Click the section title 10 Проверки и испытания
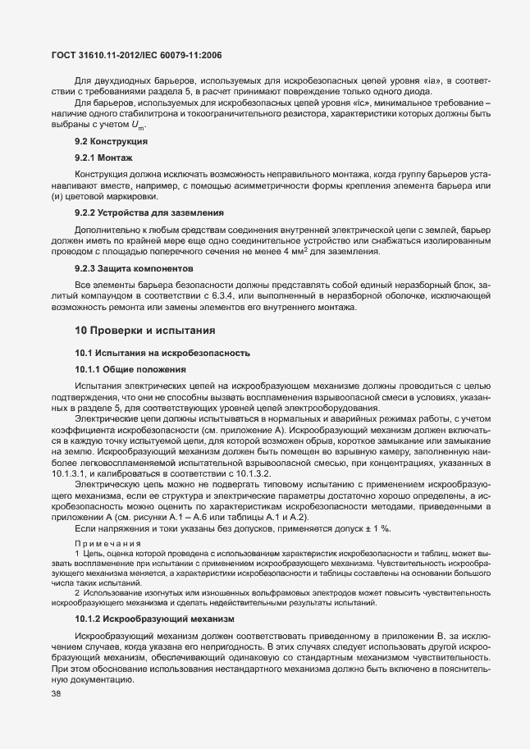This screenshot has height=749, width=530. pyautogui.click(x=145, y=331)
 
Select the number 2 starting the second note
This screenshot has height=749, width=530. pyautogui.click(x=77, y=592)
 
